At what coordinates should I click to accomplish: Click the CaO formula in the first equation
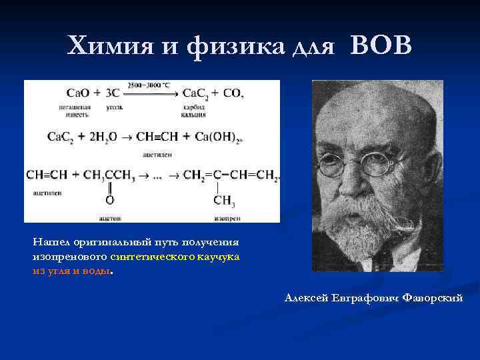pos(79,94)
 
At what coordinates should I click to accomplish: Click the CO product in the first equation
pos(233,94)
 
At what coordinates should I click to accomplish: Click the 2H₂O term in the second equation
pos(101,137)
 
